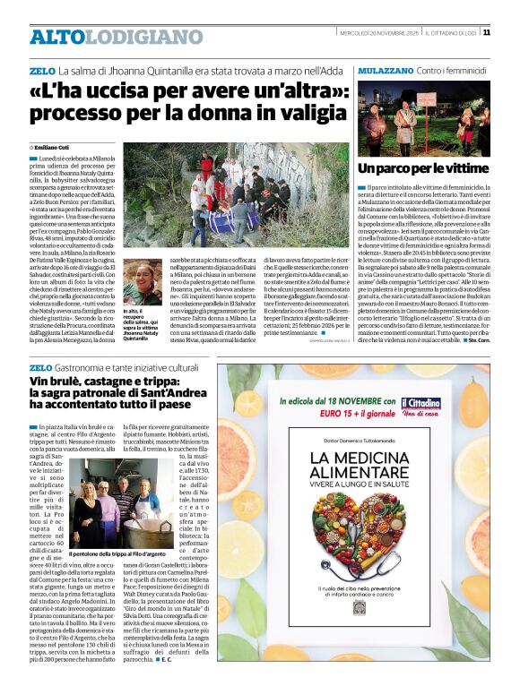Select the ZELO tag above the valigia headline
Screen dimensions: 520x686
tap(41, 70)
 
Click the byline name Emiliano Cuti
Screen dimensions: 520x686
tap(56, 147)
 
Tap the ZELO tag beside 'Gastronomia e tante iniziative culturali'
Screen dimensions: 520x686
tap(41, 367)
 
